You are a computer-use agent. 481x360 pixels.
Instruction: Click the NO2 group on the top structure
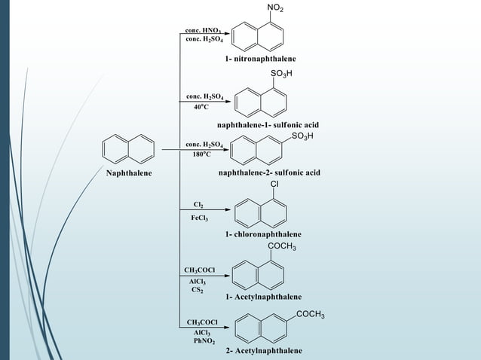coord(277,8)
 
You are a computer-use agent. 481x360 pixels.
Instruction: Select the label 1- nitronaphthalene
coord(259,58)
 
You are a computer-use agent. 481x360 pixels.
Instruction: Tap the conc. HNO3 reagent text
coord(203,31)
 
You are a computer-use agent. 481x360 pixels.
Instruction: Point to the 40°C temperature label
coord(201,107)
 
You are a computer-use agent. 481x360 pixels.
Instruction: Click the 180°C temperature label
coord(201,154)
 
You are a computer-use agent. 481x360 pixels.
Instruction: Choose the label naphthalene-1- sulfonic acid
coord(268,124)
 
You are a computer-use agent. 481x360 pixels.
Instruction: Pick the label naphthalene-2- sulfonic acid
coord(269,172)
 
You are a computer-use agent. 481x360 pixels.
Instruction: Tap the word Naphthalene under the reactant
coord(128,173)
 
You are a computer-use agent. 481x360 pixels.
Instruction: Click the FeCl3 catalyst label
coord(200,218)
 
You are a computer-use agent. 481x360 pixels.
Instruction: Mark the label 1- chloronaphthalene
coord(262,234)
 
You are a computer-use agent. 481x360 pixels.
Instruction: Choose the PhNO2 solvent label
coord(201,341)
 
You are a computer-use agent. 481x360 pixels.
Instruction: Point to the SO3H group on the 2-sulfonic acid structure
coord(302,136)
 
